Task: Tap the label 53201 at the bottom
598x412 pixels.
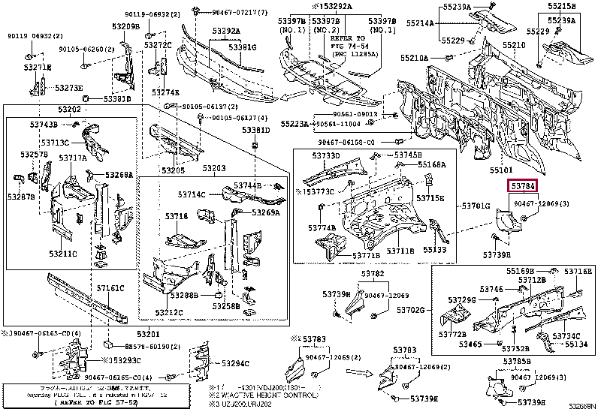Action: tap(148, 333)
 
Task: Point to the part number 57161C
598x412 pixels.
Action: tap(110, 287)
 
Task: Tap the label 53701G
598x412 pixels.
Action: tap(476, 205)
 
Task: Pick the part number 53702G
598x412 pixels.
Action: tap(411, 309)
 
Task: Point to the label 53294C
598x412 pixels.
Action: tap(234, 363)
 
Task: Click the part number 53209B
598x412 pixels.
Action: tap(127, 26)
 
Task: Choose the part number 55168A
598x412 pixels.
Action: tap(432, 164)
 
